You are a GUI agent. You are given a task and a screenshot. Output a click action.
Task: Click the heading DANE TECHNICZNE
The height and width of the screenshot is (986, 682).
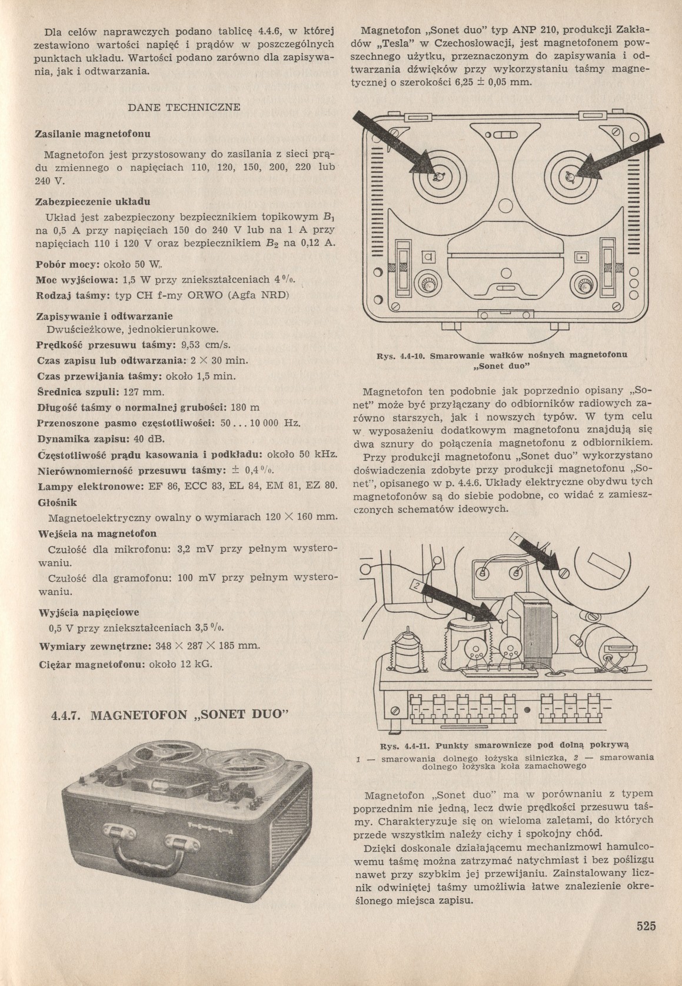(x=184, y=108)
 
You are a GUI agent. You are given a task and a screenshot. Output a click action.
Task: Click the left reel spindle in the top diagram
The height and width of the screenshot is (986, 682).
(x=437, y=176)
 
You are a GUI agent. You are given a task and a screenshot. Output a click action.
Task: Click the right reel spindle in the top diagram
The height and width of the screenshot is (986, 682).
(x=569, y=176)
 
